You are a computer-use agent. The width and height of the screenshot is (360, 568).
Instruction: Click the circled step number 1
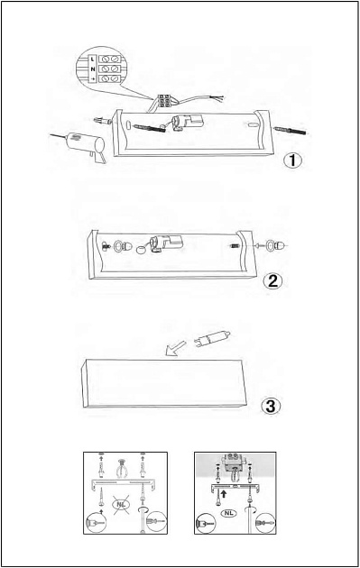click(x=292, y=160)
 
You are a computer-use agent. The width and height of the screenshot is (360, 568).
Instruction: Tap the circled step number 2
click(x=272, y=280)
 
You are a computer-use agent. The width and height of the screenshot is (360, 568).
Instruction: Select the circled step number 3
click(x=271, y=406)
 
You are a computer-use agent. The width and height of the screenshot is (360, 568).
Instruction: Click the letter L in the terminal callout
click(x=92, y=59)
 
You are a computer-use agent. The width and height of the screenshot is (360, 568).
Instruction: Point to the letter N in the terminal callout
click(x=93, y=69)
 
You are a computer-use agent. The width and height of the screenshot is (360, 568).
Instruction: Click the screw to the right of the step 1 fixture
click(x=291, y=131)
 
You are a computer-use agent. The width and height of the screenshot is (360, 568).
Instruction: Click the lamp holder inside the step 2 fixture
click(x=165, y=242)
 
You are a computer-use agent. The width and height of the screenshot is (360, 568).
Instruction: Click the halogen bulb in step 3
click(x=212, y=338)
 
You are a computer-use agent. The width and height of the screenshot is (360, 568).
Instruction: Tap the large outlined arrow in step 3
click(x=175, y=349)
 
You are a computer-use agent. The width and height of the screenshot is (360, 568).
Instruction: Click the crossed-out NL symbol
click(x=121, y=504)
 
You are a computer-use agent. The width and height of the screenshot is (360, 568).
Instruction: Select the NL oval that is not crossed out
click(x=229, y=513)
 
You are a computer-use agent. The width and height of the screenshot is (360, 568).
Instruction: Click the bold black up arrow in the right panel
click(x=224, y=493)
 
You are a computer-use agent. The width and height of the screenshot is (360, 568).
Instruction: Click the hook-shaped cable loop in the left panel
click(x=122, y=469)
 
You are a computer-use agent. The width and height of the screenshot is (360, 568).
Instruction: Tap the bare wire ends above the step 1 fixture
click(x=218, y=97)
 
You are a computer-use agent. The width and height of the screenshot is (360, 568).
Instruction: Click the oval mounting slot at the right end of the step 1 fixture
click(x=254, y=125)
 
